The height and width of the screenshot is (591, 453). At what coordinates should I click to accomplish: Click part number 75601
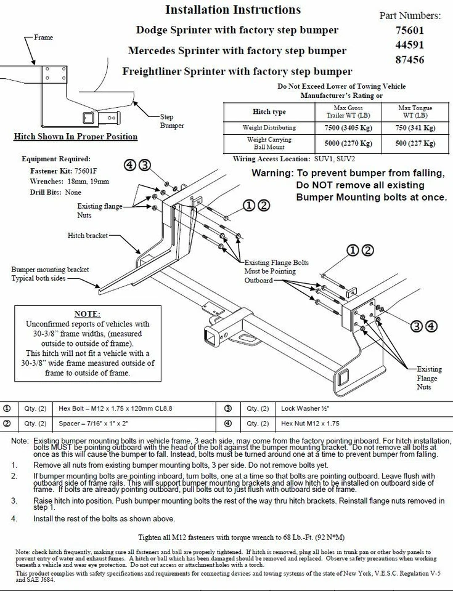click(x=418, y=30)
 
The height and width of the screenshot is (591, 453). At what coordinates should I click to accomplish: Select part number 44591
click(x=418, y=45)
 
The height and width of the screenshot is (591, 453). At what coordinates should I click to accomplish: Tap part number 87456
click(x=418, y=60)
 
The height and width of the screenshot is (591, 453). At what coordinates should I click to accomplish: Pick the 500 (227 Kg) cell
click(x=415, y=143)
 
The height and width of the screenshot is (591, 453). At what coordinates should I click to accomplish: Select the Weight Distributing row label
click(x=269, y=127)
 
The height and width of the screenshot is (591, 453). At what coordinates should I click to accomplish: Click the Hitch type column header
click(x=269, y=111)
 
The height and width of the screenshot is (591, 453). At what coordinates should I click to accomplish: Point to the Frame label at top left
click(x=43, y=38)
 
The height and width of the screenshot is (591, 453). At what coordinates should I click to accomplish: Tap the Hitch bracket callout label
click(x=88, y=236)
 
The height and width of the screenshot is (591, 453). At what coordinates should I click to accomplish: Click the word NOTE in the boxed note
click(x=87, y=314)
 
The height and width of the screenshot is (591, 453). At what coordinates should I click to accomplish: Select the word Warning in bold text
click(x=273, y=174)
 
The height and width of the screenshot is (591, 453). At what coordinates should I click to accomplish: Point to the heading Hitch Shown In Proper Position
click(x=75, y=137)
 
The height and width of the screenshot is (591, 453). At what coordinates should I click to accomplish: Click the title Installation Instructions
click(x=233, y=10)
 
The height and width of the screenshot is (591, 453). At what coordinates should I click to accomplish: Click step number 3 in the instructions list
click(x=14, y=501)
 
